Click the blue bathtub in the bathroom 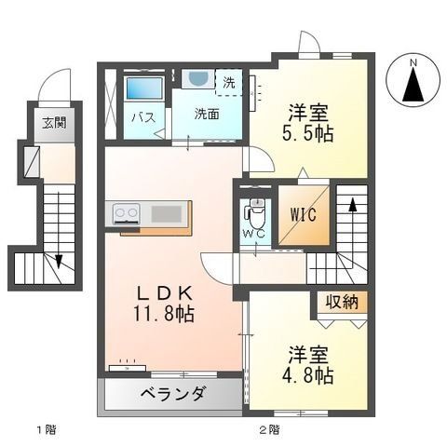point(143,89)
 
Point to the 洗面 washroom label point(206,115)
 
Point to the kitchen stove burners point(127,214)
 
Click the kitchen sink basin point(168,214)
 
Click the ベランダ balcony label point(173,394)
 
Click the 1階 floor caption point(46,429)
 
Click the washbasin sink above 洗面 point(196,79)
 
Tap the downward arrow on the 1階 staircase point(58,260)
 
